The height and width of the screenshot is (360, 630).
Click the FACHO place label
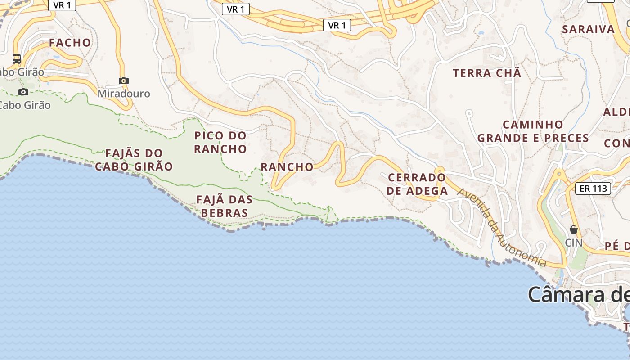[x=70, y=43]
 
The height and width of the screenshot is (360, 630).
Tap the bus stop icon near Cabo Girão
[x=17, y=58]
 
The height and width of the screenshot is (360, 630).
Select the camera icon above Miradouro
[x=124, y=81]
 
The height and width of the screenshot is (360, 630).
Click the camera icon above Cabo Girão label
[x=23, y=92]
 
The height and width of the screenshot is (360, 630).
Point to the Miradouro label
[x=124, y=94]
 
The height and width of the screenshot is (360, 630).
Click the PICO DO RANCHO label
[x=220, y=142]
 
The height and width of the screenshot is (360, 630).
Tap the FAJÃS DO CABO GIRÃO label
[x=134, y=160]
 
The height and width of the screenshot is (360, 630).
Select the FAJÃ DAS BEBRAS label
[x=225, y=206]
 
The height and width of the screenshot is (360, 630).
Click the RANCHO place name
[x=287, y=167]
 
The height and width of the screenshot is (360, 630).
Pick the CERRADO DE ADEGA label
[x=417, y=184]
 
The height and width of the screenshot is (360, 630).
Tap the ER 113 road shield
[x=593, y=189]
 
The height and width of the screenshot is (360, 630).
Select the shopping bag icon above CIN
[x=573, y=229]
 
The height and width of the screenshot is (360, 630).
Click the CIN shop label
[x=574, y=243]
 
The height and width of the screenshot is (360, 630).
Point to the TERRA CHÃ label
[x=487, y=73]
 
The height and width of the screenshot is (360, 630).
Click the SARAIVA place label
[x=588, y=30]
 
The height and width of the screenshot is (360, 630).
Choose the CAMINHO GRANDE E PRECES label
[x=533, y=131]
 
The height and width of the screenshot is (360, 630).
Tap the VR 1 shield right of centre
[x=337, y=26]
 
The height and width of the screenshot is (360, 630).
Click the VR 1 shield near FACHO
[x=62, y=5]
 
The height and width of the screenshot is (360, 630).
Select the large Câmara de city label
[x=579, y=295]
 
